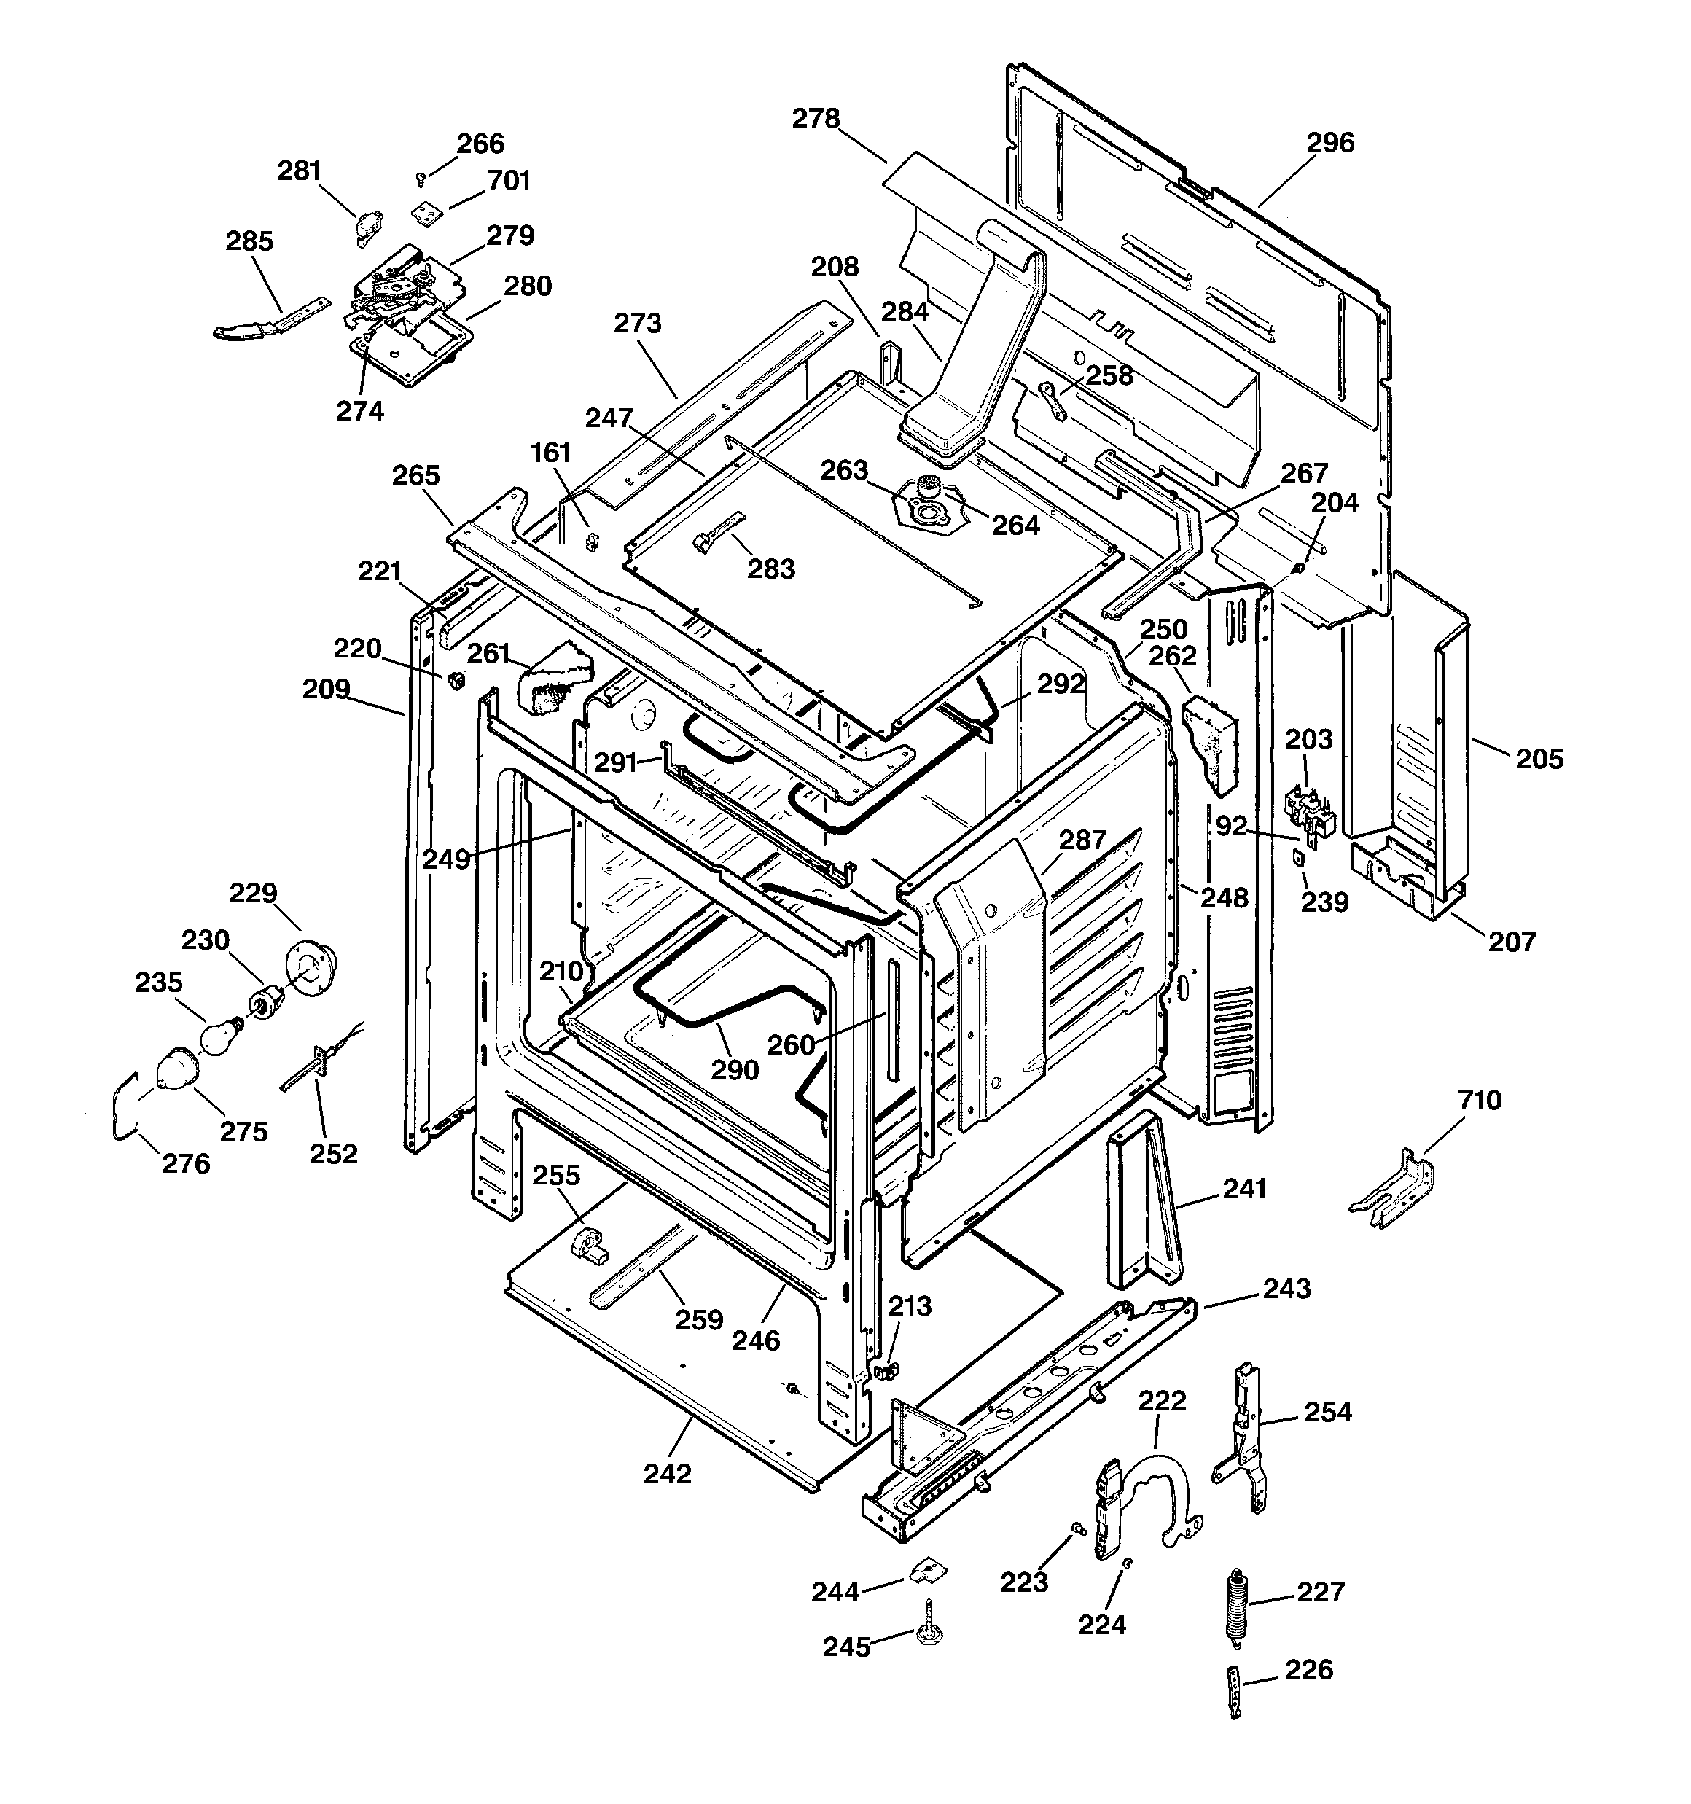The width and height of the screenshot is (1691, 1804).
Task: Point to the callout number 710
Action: (1480, 1101)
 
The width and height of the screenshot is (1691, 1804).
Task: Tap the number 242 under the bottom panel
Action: (667, 1475)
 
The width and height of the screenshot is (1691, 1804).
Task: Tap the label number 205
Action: (1539, 759)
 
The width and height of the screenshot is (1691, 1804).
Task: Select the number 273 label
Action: (637, 324)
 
